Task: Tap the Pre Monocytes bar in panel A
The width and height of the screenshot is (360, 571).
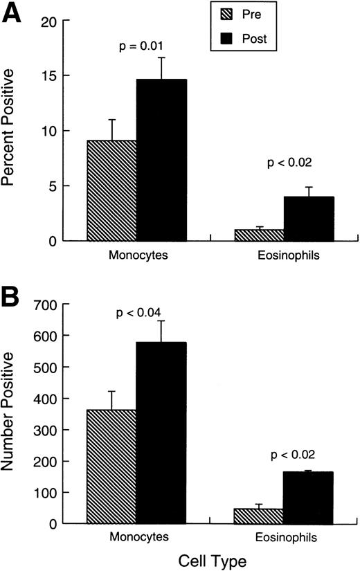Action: [111, 190]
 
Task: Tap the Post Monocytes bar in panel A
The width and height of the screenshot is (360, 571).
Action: [161, 161]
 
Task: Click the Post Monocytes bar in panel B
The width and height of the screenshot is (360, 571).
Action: [161, 433]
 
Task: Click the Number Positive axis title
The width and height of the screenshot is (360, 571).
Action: [12, 412]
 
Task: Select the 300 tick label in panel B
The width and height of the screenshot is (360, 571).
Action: [43, 430]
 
